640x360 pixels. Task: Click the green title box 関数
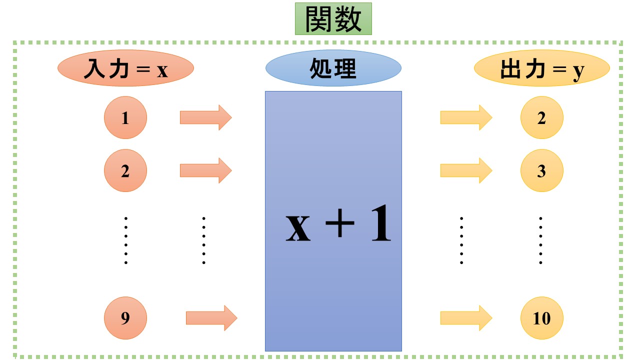coord(333,19)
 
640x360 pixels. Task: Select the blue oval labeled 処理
coord(333,68)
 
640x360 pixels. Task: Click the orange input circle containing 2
coord(125,170)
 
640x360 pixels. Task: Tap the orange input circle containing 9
coord(125,318)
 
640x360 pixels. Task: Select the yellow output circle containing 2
coord(541,118)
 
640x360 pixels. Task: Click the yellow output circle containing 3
coord(541,170)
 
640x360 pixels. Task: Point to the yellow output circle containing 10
coord(541,318)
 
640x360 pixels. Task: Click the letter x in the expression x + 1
coord(298,227)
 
